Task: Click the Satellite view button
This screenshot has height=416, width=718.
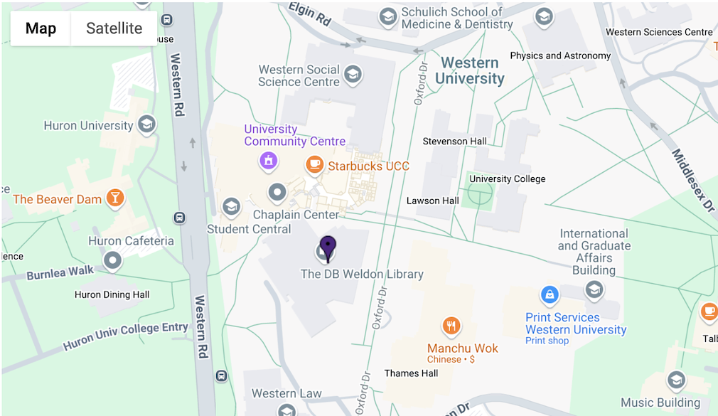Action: tap(114, 28)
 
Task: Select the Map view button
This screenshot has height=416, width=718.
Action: tap(41, 28)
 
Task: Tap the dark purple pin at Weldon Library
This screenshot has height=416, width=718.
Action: tap(327, 247)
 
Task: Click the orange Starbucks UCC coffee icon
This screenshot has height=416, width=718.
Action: tap(314, 165)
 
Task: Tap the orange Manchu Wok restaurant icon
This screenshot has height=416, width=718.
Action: tap(451, 326)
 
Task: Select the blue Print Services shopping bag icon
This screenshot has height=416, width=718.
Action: tap(549, 294)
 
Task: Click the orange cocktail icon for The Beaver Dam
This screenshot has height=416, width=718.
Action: tap(114, 198)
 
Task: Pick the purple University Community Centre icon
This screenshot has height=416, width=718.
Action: tap(268, 161)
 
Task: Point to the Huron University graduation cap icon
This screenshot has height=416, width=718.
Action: tap(147, 125)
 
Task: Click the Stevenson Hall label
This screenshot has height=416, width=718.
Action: tap(454, 141)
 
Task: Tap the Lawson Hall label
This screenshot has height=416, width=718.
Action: tap(432, 201)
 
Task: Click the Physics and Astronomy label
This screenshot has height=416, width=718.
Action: tap(560, 55)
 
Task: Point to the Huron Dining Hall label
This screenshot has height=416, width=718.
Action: tap(112, 294)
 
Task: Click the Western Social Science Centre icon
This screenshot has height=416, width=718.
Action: tap(353, 73)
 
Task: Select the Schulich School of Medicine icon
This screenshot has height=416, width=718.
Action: tap(388, 16)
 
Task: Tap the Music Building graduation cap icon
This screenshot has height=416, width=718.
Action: tap(676, 380)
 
